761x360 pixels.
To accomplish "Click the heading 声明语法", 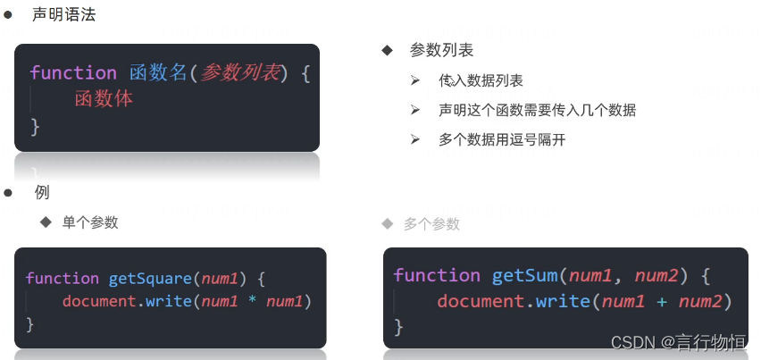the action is click(63, 14).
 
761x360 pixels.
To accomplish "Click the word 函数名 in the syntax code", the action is click(155, 73).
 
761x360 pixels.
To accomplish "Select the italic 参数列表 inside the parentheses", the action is click(238, 73).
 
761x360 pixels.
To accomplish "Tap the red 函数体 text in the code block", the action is click(104, 99).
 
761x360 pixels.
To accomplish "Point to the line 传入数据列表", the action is click(481, 80).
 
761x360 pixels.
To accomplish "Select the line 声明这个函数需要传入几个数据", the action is click(537, 110).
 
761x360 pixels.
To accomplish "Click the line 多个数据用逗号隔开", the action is click(502, 139).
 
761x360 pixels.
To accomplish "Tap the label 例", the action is click(41, 192).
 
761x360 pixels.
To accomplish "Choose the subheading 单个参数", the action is click(90, 222).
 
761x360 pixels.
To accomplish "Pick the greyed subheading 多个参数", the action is click(431, 223).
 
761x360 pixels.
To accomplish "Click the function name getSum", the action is click(524, 275).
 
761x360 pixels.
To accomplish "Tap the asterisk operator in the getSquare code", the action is click(253, 301).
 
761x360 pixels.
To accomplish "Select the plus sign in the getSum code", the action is click(662, 301).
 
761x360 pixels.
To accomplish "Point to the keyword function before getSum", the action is click(437, 275).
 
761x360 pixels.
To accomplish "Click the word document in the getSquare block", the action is click(98, 301).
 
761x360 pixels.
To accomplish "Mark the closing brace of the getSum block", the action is click(399, 328).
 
